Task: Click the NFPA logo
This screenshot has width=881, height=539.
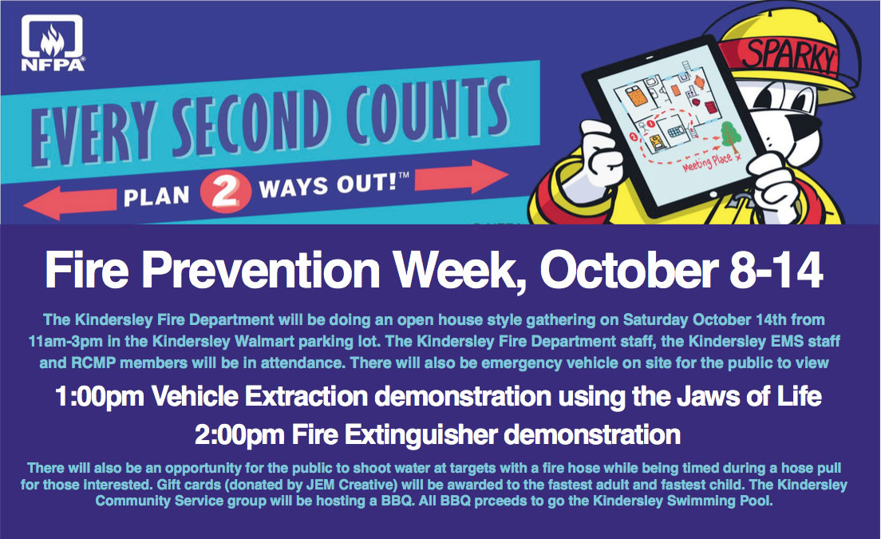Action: point(53,43)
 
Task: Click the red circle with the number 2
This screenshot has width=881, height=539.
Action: point(225,192)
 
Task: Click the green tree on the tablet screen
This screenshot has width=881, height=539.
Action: point(730,137)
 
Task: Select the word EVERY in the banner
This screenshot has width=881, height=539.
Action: point(92,134)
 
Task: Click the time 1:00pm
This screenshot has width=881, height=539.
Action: point(100,397)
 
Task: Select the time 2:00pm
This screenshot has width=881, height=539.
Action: point(239,435)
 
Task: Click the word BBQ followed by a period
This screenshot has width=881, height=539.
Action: point(397,501)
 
